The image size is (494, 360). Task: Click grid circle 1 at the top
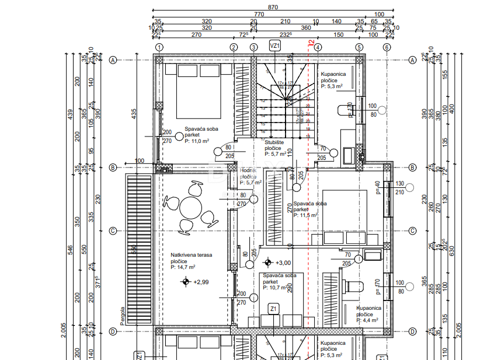point(159,47)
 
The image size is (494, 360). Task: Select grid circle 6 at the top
point(387,47)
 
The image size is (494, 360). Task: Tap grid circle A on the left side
point(114,60)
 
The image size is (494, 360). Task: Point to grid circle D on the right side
point(412,331)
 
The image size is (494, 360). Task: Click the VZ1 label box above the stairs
point(275,45)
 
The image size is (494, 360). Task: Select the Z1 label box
point(273,307)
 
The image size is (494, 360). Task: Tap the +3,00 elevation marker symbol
point(267,263)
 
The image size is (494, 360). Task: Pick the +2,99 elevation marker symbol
point(186,282)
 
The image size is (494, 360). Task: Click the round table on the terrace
point(190,207)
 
